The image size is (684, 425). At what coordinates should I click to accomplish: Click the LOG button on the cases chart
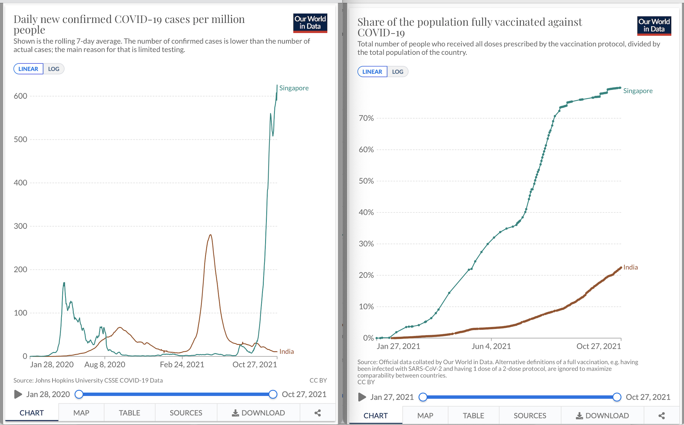54,69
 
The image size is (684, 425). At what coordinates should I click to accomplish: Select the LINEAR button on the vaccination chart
372,72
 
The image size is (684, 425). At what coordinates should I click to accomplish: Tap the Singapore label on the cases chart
294,88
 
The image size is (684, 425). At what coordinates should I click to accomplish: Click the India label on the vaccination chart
630,267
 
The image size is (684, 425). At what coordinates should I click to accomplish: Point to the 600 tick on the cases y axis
20,96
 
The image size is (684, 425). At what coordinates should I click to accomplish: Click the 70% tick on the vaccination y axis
366,118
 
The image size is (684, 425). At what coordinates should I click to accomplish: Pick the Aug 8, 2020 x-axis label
105,365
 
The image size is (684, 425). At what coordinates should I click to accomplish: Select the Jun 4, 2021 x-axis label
491,347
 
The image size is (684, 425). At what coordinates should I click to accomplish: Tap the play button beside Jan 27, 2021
362,397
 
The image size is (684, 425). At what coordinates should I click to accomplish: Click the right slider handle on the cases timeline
273,394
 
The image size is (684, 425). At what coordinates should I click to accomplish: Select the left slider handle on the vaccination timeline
423,397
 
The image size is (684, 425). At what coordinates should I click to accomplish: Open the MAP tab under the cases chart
81,413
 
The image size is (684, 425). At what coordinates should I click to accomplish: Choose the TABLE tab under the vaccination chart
473,416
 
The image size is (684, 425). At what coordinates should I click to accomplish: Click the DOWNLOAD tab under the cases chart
258,413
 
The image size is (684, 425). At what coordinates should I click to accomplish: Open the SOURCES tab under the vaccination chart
530,416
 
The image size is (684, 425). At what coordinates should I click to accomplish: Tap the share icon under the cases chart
317,413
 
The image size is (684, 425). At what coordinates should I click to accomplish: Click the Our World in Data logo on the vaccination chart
654,26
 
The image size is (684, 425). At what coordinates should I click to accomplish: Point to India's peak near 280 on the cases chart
211,235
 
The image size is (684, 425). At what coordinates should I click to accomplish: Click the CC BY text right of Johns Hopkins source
318,381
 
